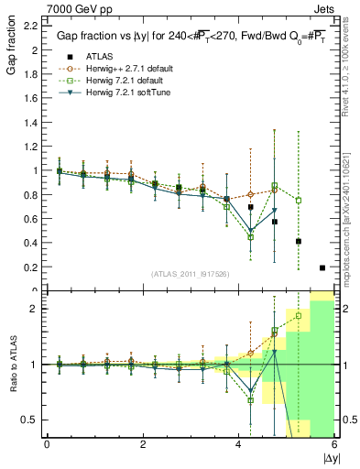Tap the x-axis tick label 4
click(x=238, y=445)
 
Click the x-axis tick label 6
click(x=333, y=445)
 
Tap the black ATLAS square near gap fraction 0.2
click(x=322, y=267)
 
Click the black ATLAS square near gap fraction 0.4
click(x=299, y=242)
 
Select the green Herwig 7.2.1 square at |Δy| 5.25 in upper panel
click(x=299, y=200)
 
